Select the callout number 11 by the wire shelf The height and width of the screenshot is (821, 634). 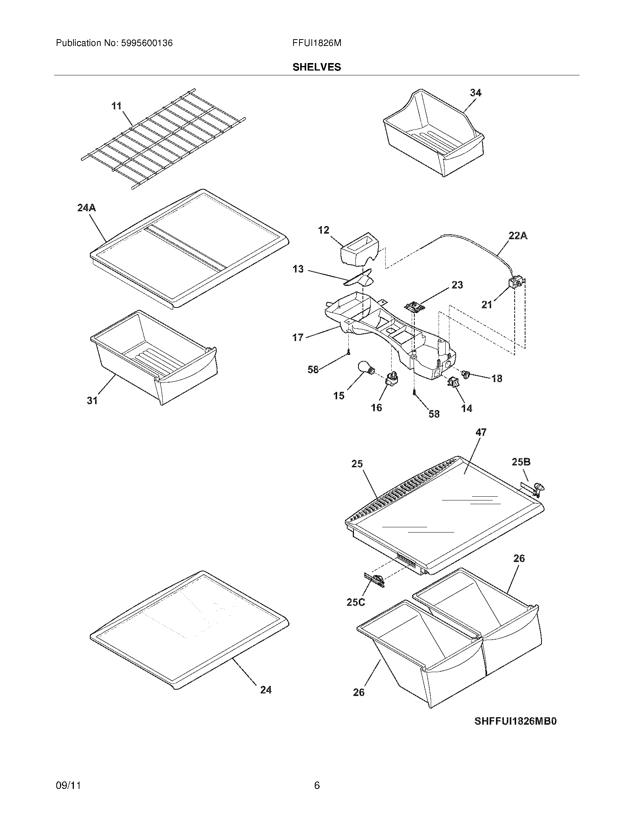coord(116,106)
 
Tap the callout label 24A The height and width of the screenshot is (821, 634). coord(87,207)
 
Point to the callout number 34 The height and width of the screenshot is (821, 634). coord(475,93)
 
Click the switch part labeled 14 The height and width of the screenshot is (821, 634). coord(452,383)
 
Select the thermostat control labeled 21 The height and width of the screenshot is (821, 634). coord(516,283)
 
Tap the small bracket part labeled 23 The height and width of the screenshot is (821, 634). coord(415,306)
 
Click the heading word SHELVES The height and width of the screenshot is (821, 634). coord(317,67)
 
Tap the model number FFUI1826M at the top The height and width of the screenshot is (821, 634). coord(317,43)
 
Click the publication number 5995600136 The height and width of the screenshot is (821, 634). coord(147,43)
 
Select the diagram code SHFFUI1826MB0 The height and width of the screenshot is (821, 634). coord(515,721)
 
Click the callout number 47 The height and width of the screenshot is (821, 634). coord(481,432)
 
